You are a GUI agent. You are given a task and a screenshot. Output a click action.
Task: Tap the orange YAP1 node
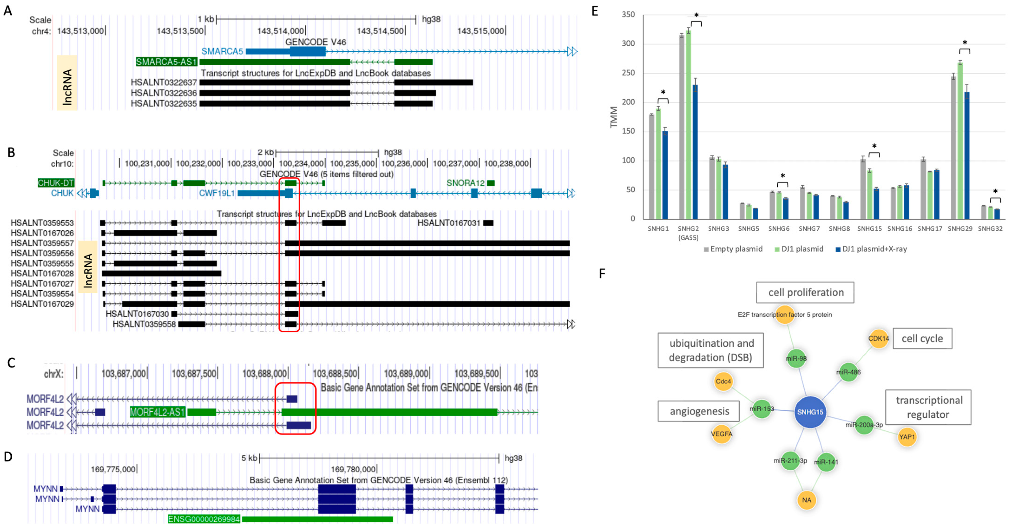tap(907, 437)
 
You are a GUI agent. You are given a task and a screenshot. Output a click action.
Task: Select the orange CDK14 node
tap(878, 339)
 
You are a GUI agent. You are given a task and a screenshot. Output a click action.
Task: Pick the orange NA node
tap(807, 500)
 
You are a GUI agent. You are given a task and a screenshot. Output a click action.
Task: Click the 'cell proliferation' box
tap(805, 293)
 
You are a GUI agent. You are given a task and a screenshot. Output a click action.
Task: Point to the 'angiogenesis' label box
tap(699, 411)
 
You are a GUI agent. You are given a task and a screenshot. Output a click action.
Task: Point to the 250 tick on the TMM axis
tap(628, 73)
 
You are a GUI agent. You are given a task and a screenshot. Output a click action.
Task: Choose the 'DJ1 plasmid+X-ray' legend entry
tap(871, 249)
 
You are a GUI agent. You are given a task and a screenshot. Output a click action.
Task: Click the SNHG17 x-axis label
tap(930, 229)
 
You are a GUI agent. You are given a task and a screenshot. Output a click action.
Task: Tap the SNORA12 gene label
tap(465, 183)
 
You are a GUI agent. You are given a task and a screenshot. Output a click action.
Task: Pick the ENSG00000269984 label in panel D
tap(204, 519)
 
